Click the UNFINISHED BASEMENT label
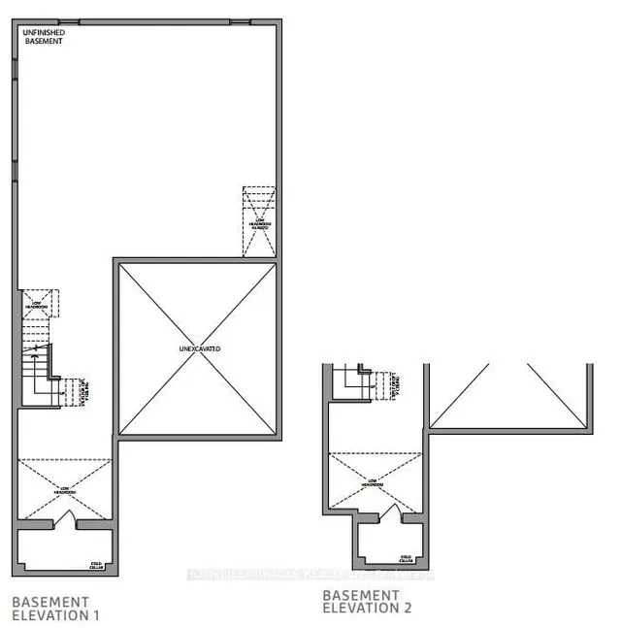(44, 36)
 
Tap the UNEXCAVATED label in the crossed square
(199, 347)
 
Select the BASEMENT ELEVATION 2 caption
(367, 602)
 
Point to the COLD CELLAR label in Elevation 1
(96, 565)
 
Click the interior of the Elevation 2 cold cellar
(392, 544)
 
